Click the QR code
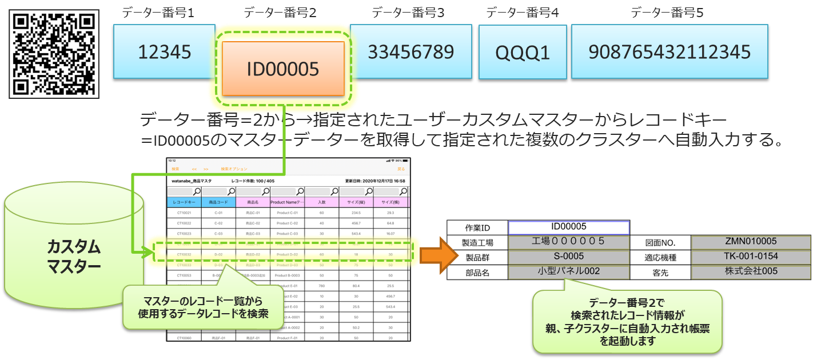click(54, 54)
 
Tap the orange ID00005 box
click(283, 69)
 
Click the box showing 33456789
click(411, 51)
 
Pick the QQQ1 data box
click(523, 53)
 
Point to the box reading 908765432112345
click(669, 51)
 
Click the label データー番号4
click(523, 12)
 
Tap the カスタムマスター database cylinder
click(74, 251)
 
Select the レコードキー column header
click(184, 202)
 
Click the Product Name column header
click(287, 202)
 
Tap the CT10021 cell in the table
click(184, 213)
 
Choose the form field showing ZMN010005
click(751, 242)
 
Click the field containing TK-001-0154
click(751, 257)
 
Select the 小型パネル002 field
click(568, 271)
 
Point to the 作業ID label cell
click(477, 227)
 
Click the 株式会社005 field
click(751, 271)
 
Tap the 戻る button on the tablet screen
click(401, 169)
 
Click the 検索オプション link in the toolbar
click(234, 169)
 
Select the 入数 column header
click(321, 202)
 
